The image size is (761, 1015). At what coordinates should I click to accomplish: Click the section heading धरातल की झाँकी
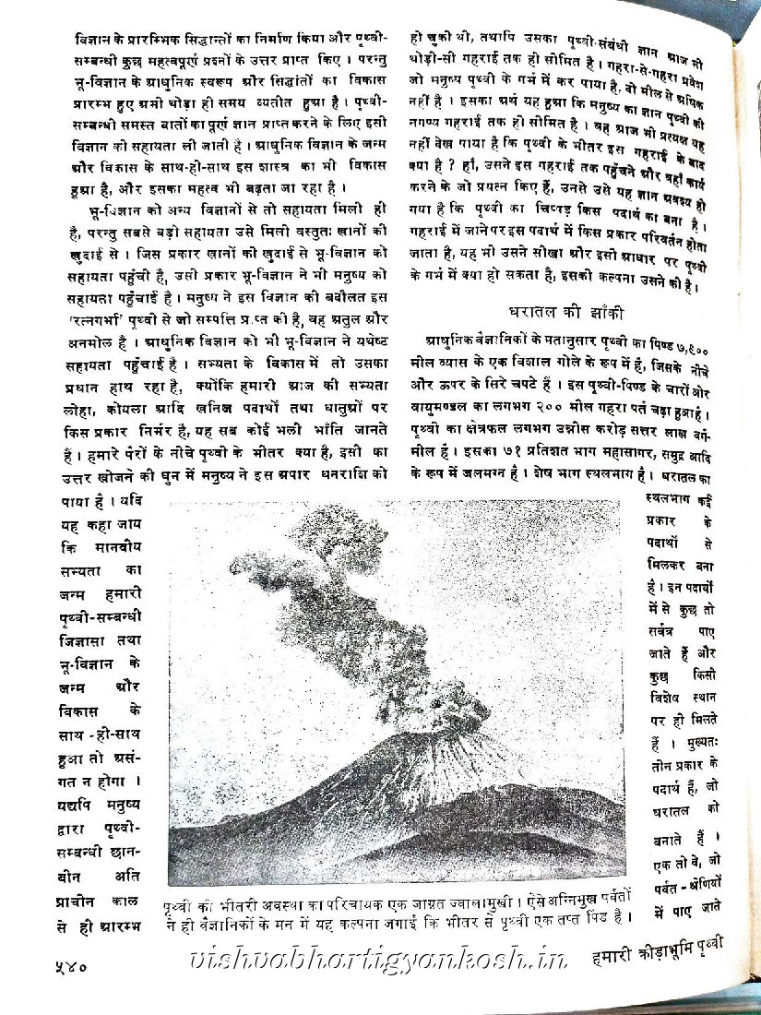[554, 311]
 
